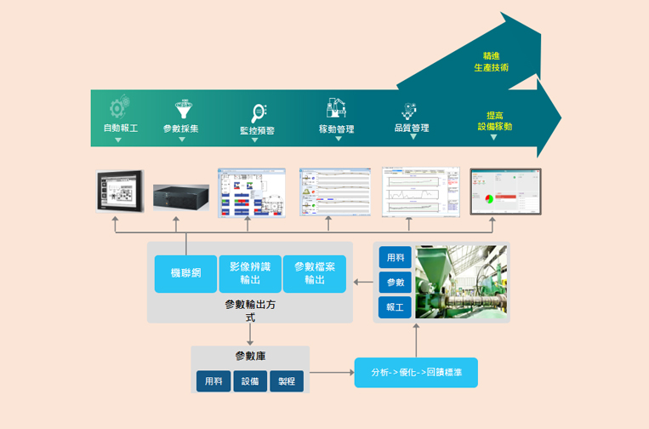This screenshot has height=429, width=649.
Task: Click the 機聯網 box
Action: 185,273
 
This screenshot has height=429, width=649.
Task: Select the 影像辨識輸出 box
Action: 250,273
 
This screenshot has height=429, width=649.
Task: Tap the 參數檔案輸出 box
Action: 315,273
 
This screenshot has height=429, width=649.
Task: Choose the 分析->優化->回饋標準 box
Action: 416,373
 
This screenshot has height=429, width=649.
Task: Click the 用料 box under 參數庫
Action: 213,381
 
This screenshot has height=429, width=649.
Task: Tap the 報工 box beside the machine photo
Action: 395,306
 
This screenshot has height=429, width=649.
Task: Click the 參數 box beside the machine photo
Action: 395,282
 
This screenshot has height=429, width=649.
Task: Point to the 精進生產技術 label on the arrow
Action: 492,60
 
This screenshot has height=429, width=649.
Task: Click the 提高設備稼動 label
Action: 494,120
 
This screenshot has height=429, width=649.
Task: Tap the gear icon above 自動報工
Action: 118,107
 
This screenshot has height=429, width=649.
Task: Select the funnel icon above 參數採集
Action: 182,109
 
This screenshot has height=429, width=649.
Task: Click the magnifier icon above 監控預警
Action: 259,112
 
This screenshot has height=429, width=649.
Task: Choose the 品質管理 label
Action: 412,129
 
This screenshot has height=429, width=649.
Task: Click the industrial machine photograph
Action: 460,283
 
